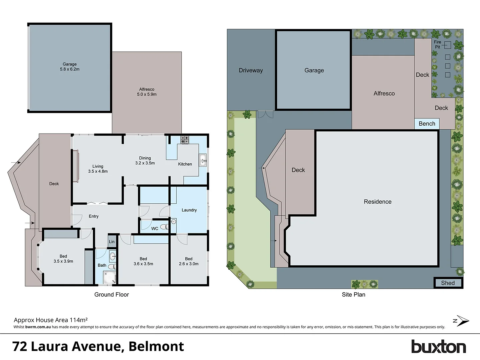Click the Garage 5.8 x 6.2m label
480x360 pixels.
(x=70, y=67)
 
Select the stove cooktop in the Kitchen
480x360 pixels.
(x=185, y=140)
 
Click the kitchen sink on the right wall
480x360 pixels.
(x=203, y=160)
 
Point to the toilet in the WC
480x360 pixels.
(x=164, y=227)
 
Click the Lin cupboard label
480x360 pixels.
(x=112, y=242)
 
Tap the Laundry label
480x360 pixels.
(x=189, y=210)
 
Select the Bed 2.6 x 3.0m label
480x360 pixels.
(x=189, y=261)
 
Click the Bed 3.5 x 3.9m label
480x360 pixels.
(x=63, y=259)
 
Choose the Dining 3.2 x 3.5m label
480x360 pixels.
(x=145, y=161)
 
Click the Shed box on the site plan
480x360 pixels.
(x=448, y=283)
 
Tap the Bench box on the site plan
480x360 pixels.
(x=427, y=124)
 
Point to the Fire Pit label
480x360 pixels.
(x=437, y=44)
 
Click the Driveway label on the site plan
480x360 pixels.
(x=251, y=70)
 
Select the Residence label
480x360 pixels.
(x=377, y=202)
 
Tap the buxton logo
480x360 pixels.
(x=438, y=347)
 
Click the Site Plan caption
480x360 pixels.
(x=353, y=295)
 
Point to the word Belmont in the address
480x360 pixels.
(x=156, y=346)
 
